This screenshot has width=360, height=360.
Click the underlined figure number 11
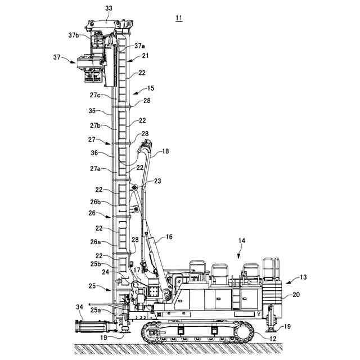pos(178,18)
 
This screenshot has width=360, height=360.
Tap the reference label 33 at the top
pos(108,8)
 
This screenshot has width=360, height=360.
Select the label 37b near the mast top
pos(74,35)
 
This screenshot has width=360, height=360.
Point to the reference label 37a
pos(139,46)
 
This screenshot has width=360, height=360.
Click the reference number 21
pos(145,56)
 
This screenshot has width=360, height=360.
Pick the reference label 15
pos(150,88)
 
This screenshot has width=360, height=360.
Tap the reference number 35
pos(93,111)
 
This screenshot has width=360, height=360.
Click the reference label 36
pos(94,152)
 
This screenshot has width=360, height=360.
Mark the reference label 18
pos(165,151)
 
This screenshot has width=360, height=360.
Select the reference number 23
pos(157,181)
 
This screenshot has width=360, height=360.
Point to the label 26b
pos(94,202)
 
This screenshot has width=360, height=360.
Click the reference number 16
pos(168,237)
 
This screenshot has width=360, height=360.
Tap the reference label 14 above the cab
pos(241,241)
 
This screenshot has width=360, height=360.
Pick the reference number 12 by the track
pos(273,337)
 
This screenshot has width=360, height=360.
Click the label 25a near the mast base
pos(96,310)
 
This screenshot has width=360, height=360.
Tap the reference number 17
pos(137,269)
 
